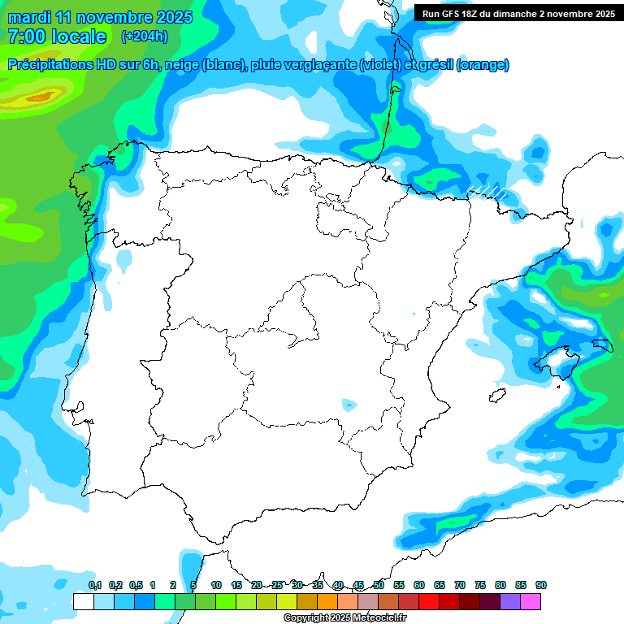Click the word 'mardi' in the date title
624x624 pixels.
[28, 17]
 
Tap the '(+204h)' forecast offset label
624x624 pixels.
[144, 37]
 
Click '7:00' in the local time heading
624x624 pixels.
[25, 37]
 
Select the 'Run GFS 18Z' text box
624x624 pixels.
[518, 13]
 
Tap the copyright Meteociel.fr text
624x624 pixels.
[345, 618]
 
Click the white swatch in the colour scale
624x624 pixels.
[83, 602]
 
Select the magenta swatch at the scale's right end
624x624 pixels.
[531, 602]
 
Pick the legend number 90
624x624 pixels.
[540, 585]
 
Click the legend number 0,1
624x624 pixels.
[95, 585]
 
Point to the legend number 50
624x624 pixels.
[379, 585]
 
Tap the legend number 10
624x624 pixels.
[216, 585]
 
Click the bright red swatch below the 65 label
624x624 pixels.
[429, 602]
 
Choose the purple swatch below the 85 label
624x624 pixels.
[510, 602]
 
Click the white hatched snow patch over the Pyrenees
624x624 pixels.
[489, 192]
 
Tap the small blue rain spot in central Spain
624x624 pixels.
[349, 404]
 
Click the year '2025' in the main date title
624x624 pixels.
[174, 17]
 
